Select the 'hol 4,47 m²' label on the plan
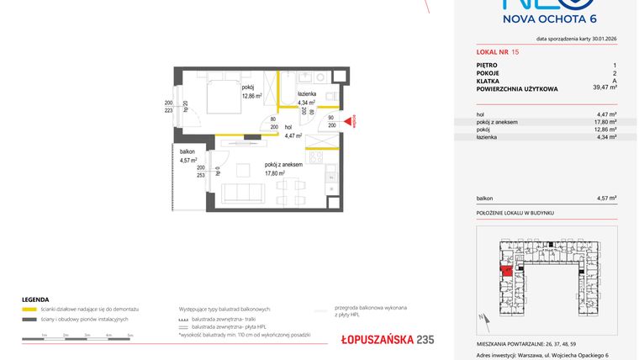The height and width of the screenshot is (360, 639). point(293,131)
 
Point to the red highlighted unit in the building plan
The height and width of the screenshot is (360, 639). point(506,270)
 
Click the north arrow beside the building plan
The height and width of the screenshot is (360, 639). point(484,318)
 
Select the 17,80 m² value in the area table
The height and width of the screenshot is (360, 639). point(605,121)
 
